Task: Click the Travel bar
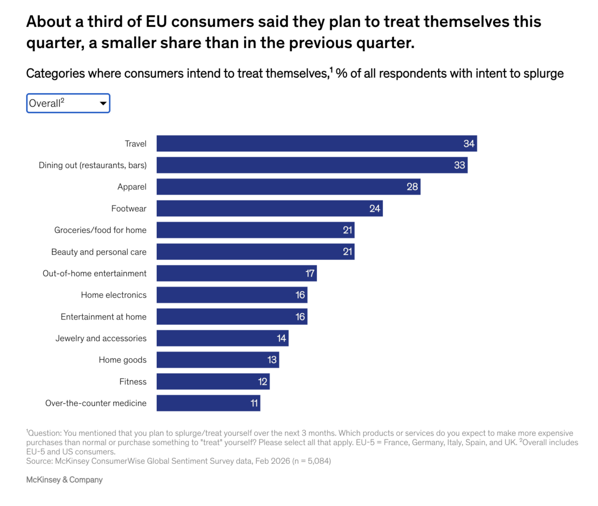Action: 316,143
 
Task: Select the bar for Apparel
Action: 288,187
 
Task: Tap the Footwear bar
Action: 269,208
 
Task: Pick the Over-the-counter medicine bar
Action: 208,403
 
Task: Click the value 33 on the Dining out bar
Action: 459,165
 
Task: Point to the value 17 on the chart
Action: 309,273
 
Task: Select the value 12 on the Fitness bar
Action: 262,381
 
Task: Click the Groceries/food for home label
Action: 100,230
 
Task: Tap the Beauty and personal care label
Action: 98,252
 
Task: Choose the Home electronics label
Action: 113,295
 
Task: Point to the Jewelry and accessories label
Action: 101,338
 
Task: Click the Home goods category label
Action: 122,360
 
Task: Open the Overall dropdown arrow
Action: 103,104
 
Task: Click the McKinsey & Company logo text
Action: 64,480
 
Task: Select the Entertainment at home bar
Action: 231,316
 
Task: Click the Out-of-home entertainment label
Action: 94,273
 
